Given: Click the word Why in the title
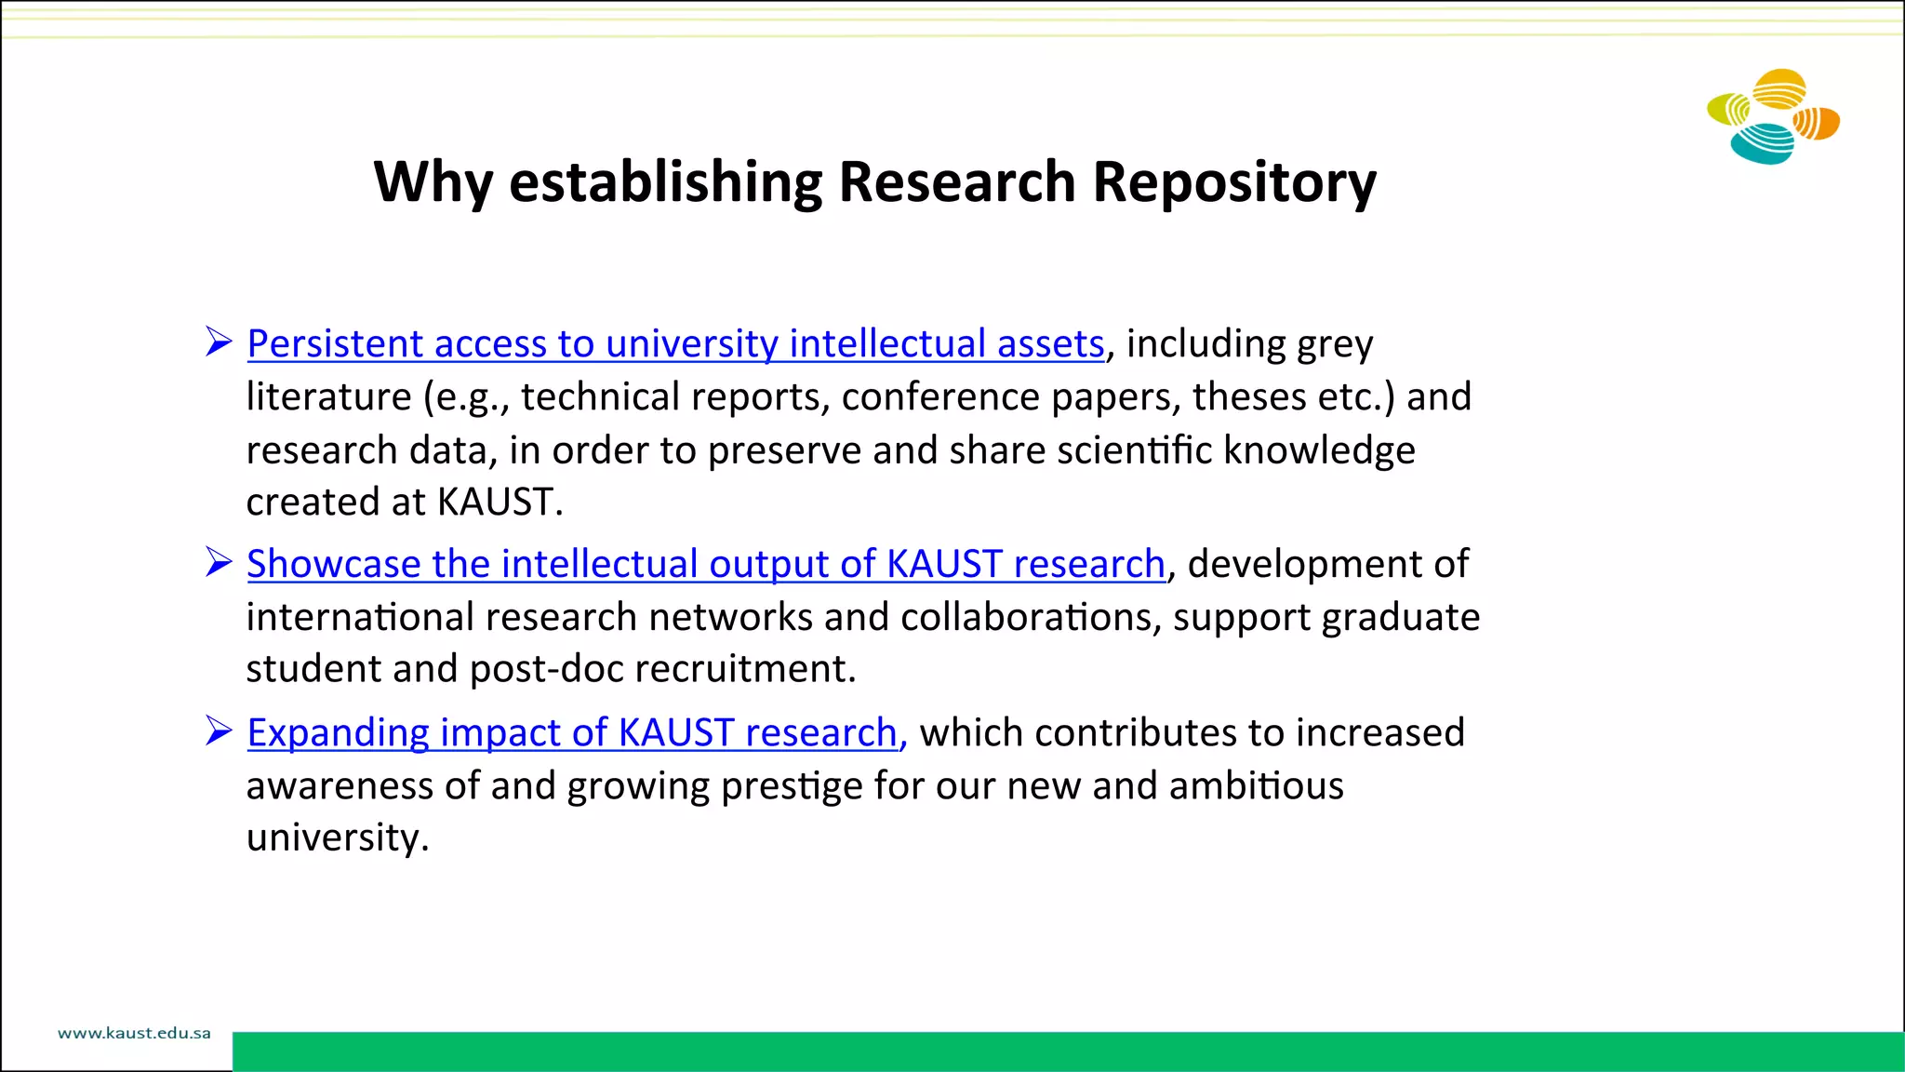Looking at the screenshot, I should point(433,181).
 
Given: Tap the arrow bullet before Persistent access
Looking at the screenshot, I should point(219,342).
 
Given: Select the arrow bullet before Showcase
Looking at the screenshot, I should point(219,562).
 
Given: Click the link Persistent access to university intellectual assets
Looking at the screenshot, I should point(675,344).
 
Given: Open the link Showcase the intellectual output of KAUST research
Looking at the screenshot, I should point(706,565).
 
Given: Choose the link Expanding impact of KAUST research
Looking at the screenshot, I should point(576,733).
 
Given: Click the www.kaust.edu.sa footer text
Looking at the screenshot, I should point(134,1033).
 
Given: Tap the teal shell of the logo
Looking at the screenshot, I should point(1762,144).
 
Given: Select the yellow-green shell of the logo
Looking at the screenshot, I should point(1730,110).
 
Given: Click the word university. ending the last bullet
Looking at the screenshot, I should point(338,837).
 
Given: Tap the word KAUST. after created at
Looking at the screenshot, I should point(500,502).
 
